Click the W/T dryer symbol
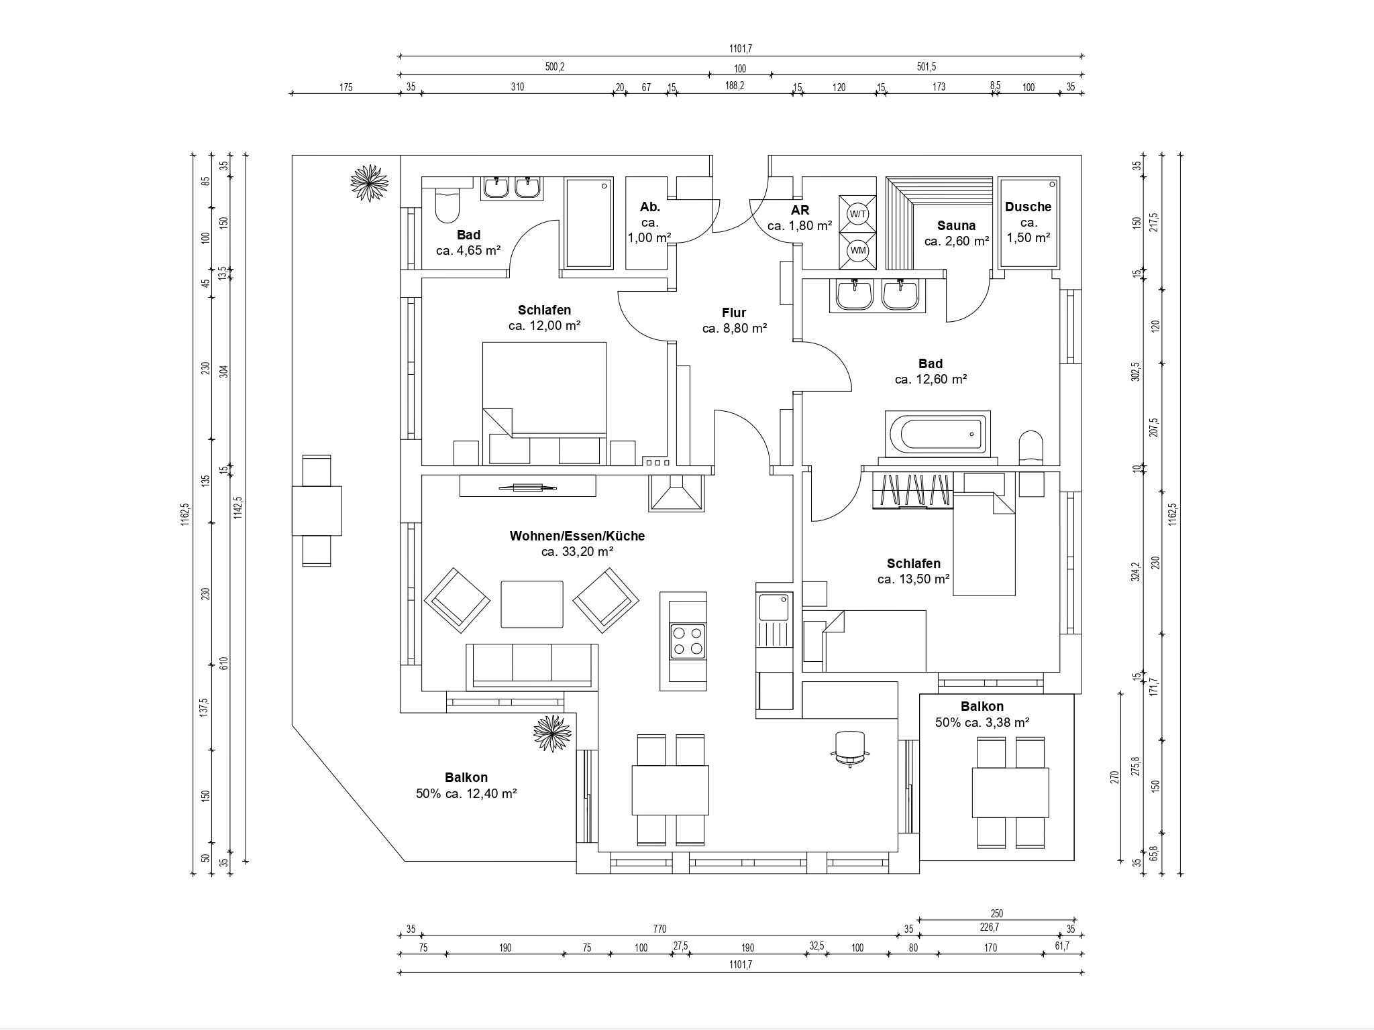858,214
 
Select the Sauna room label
956,225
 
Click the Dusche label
1028,207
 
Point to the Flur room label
734,312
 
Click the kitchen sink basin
775,608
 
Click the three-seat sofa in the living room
531,666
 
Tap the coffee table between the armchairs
533,604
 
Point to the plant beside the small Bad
369,183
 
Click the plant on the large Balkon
553,734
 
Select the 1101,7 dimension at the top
741,48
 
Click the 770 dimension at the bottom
659,929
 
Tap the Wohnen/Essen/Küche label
577,536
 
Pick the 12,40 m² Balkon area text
466,793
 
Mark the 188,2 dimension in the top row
735,86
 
